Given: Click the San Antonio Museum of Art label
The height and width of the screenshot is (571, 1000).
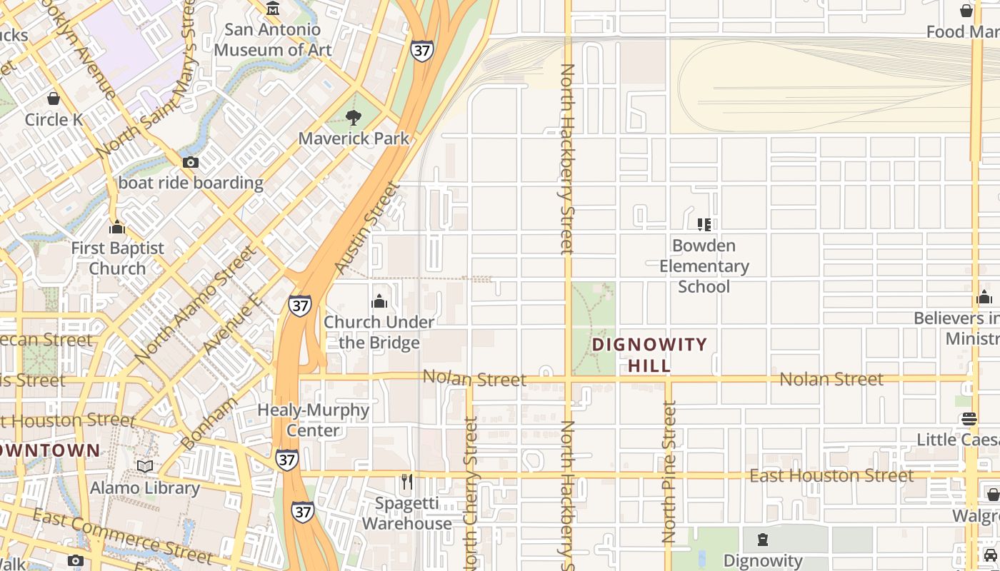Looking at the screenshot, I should [273, 40].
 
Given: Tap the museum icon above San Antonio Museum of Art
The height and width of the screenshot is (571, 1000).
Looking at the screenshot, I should [273, 9].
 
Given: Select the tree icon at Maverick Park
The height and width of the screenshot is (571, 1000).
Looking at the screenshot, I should [354, 118].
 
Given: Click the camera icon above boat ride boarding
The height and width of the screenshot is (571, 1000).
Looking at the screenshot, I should [191, 163].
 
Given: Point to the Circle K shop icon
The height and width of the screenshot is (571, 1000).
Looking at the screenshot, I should [54, 98].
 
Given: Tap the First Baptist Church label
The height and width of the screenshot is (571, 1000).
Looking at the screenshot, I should [117, 258].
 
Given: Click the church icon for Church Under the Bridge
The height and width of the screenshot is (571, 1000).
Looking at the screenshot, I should [379, 301].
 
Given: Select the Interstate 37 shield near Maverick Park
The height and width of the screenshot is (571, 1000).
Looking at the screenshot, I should [421, 51].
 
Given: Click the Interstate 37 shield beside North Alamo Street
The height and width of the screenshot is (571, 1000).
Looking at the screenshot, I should [300, 305].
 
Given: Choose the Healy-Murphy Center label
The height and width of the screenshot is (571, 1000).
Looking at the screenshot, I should [313, 420].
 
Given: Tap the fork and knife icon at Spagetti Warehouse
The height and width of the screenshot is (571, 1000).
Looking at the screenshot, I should [406, 482].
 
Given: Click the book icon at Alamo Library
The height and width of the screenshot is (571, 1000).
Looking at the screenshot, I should [145, 467].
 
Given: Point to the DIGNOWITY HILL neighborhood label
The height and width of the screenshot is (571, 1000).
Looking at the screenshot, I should [649, 355].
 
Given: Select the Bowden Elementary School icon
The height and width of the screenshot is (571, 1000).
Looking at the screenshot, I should [704, 225].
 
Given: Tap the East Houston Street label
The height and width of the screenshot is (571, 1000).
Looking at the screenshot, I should [831, 475].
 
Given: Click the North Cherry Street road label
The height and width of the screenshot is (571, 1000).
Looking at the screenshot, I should [470, 492].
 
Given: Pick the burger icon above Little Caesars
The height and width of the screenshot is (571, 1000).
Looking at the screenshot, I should [969, 419].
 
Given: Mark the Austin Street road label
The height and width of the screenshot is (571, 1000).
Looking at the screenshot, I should [368, 228].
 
